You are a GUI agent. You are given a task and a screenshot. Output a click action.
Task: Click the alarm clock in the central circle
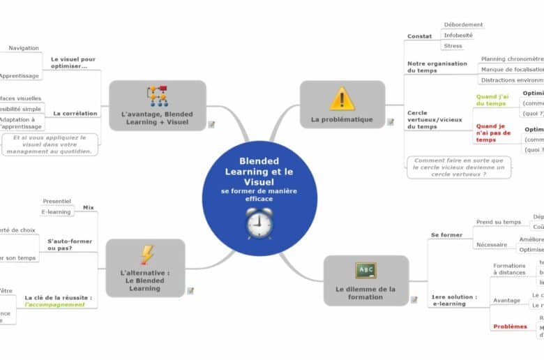point(259,223)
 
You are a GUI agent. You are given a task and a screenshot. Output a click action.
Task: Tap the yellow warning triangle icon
point(342,98)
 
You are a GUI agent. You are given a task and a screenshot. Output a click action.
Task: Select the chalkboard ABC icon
point(365,270)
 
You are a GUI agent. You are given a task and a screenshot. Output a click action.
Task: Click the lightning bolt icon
point(147,254)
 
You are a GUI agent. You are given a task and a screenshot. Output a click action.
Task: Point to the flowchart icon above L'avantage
point(157,96)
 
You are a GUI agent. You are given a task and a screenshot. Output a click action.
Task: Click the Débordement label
point(463,24)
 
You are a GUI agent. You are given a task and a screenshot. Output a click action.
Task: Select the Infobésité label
point(458,35)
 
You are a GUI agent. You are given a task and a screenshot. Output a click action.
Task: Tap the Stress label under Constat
point(453,46)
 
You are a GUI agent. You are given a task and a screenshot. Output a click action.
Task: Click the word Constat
point(420,36)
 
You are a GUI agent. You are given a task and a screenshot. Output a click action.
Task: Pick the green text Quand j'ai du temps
point(492,100)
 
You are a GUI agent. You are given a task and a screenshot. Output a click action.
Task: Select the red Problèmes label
point(510,327)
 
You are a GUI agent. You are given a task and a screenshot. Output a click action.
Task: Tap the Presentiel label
point(56,201)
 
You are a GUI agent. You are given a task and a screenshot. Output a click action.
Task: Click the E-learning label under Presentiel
point(56,211)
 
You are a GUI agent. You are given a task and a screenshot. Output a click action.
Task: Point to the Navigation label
point(24,48)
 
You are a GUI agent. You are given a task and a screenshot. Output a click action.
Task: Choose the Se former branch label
point(446,235)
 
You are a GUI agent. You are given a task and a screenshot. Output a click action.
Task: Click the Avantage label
point(506,300)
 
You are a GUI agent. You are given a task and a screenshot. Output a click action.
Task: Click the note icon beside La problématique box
point(391,122)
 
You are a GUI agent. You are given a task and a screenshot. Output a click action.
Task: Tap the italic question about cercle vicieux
point(459,167)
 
